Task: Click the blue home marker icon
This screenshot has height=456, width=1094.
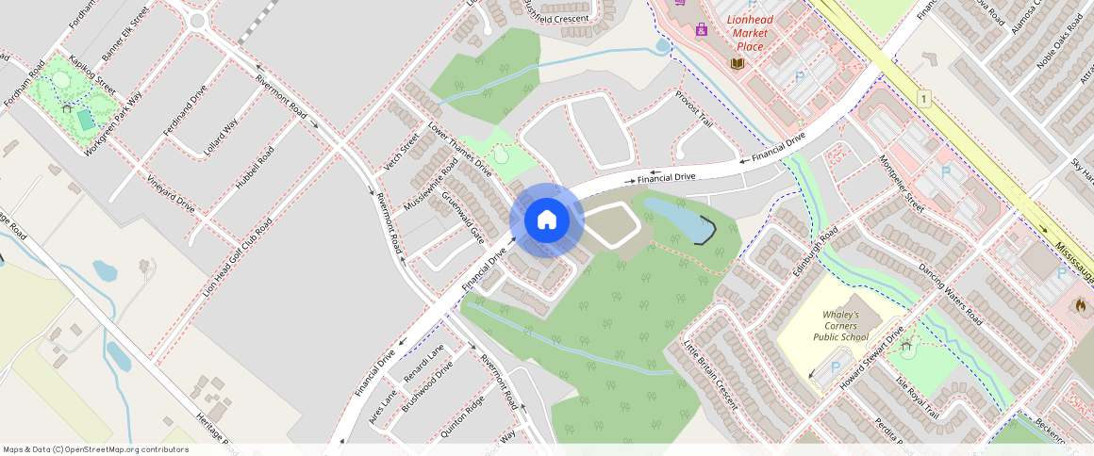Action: click(x=546, y=220)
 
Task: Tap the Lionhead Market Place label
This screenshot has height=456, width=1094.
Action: click(x=750, y=33)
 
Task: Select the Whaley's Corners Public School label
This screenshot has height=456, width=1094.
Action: click(x=840, y=325)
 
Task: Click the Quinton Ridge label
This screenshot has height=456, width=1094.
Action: click(x=462, y=415)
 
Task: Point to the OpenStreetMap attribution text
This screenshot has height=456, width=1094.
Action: click(x=95, y=449)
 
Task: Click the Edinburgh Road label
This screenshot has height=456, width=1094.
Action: click(x=815, y=252)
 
